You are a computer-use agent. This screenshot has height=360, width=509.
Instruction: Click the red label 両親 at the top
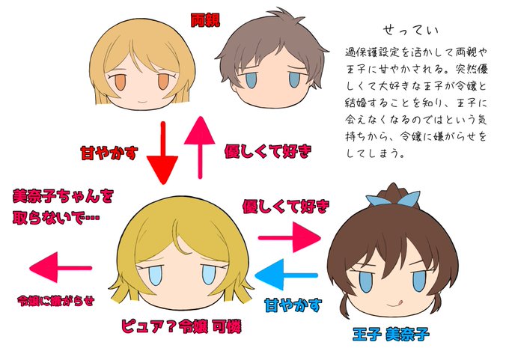pyautogui.click(x=206, y=20)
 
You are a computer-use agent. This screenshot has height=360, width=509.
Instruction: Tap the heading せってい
pyautogui.click(x=410, y=31)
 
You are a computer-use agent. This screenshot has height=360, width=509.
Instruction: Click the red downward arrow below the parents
pyautogui.click(x=164, y=154)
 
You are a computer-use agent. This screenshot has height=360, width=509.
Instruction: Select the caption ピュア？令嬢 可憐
pyautogui.click(x=184, y=327)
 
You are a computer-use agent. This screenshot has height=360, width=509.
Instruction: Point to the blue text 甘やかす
pyautogui.click(x=293, y=305)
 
